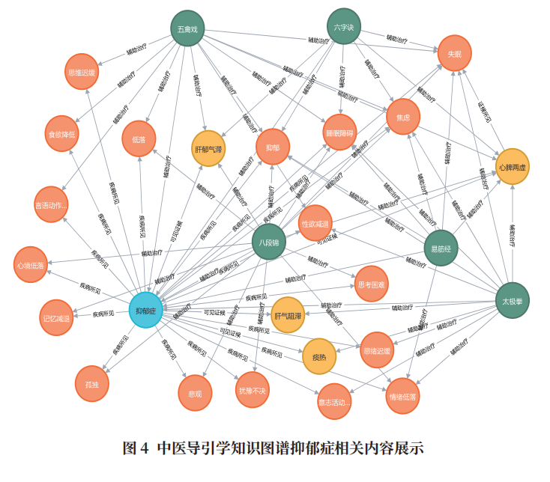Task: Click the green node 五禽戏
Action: tap(187, 30)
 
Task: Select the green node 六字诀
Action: tap(345, 28)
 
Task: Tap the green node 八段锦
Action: tap(268, 242)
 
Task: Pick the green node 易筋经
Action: tap(440, 247)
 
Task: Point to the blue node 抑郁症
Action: tap(147, 310)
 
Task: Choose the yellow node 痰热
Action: tap(319, 356)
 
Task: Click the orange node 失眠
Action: tap(455, 53)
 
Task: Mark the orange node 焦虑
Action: tap(403, 117)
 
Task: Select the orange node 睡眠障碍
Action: tap(339, 132)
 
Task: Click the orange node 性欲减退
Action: tap(315, 223)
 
